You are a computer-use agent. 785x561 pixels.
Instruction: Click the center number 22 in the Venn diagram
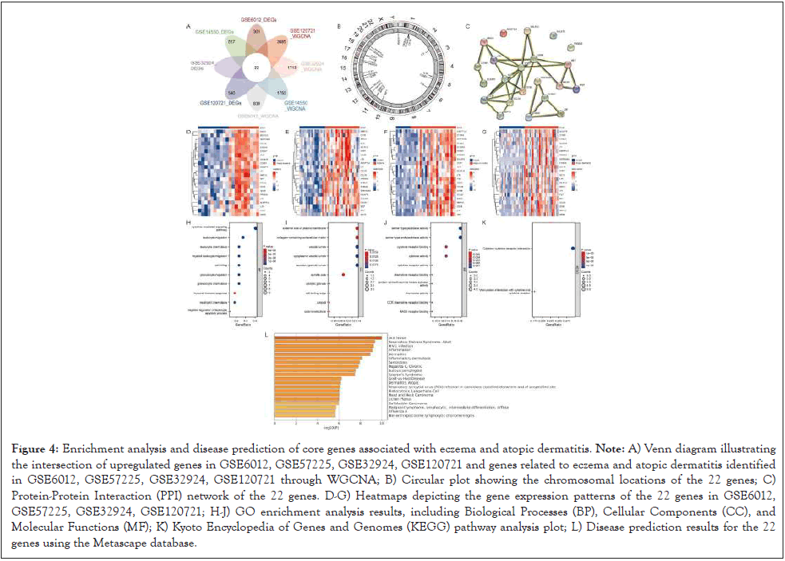pyautogui.click(x=255, y=70)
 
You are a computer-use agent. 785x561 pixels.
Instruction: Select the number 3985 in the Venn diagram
pyautogui.click(x=280, y=39)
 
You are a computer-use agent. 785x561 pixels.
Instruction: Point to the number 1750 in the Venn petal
pyautogui.click(x=281, y=93)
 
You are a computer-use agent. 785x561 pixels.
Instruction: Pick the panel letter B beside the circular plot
pyautogui.click(x=339, y=26)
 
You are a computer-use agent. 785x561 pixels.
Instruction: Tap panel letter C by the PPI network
pyautogui.click(x=466, y=26)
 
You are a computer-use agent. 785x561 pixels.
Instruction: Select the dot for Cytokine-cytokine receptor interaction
pyautogui.click(x=573, y=249)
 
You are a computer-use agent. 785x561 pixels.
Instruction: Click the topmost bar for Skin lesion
pyautogui.click(x=323, y=337)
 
